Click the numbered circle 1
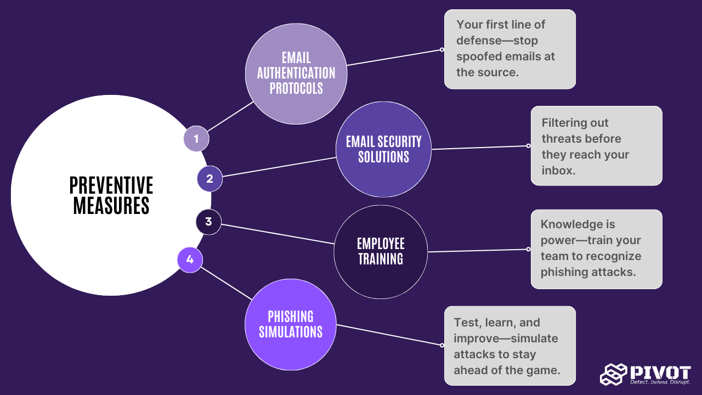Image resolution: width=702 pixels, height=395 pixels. [196, 139]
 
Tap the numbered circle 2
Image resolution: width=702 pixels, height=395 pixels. [210, 179]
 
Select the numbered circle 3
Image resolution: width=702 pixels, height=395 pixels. [208, 222]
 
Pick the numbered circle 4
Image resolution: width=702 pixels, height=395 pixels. [190, 259]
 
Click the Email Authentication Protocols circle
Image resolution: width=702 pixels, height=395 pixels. [296, 74]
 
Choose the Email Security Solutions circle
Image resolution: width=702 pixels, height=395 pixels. [383, 149]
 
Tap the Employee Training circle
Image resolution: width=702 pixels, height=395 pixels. [381, 252]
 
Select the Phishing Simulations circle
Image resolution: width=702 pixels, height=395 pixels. [291, 324]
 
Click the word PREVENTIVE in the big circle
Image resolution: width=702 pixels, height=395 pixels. [111, 185]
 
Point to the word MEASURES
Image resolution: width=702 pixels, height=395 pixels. [111, 205]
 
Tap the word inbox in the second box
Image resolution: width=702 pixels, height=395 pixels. [557, 171]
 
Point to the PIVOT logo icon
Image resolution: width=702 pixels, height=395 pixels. [613, 374]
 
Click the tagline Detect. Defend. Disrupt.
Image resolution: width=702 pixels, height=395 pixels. [660, 382]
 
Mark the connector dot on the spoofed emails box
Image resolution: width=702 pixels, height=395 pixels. [442, 49]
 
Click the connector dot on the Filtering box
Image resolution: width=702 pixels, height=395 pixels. [528, 146]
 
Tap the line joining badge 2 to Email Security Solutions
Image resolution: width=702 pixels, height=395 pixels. [279, 167]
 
